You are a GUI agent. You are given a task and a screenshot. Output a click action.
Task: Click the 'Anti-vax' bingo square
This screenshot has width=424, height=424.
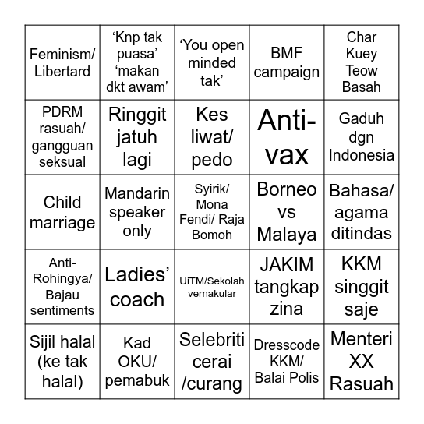[286, 137]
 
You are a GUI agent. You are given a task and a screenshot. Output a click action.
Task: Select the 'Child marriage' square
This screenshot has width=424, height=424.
[62, 212]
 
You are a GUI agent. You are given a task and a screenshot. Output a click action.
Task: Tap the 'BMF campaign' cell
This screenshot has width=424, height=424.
[286, 63]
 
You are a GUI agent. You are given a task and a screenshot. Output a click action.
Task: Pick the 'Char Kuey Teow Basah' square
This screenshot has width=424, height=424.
[361, 62]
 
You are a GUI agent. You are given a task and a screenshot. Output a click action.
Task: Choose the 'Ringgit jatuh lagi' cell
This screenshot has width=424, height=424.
[137, 137]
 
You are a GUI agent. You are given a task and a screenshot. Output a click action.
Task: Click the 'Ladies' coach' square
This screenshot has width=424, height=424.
[137, 287]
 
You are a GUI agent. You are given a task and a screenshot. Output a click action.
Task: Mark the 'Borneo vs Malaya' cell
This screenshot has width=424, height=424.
[286, 212]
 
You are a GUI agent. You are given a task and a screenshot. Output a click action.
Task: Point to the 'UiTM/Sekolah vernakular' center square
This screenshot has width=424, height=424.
[211, 287]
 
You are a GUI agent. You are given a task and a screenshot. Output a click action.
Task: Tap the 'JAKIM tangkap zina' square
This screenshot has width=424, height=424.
[286, 287]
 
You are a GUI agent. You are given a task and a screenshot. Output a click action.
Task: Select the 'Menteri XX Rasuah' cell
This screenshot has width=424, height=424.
[361, 362]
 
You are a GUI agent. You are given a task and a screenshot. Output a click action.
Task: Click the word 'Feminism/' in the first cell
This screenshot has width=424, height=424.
[62, 55]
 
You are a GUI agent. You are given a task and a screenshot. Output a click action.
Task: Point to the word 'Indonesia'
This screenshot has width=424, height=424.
[361, 155]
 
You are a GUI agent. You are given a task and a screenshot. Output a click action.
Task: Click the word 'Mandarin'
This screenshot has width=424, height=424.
[135, 194]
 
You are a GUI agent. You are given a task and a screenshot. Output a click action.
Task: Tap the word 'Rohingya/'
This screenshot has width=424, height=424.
[62, 279]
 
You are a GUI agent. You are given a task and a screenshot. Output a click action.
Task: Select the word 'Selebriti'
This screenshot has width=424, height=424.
[211, 340]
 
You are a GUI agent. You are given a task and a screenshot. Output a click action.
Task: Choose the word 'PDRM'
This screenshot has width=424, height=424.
[62, 113]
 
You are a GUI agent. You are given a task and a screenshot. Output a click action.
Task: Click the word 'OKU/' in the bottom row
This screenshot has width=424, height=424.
[137, 362]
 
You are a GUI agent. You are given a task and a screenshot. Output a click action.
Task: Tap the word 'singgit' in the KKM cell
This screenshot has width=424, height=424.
[361, 288]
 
